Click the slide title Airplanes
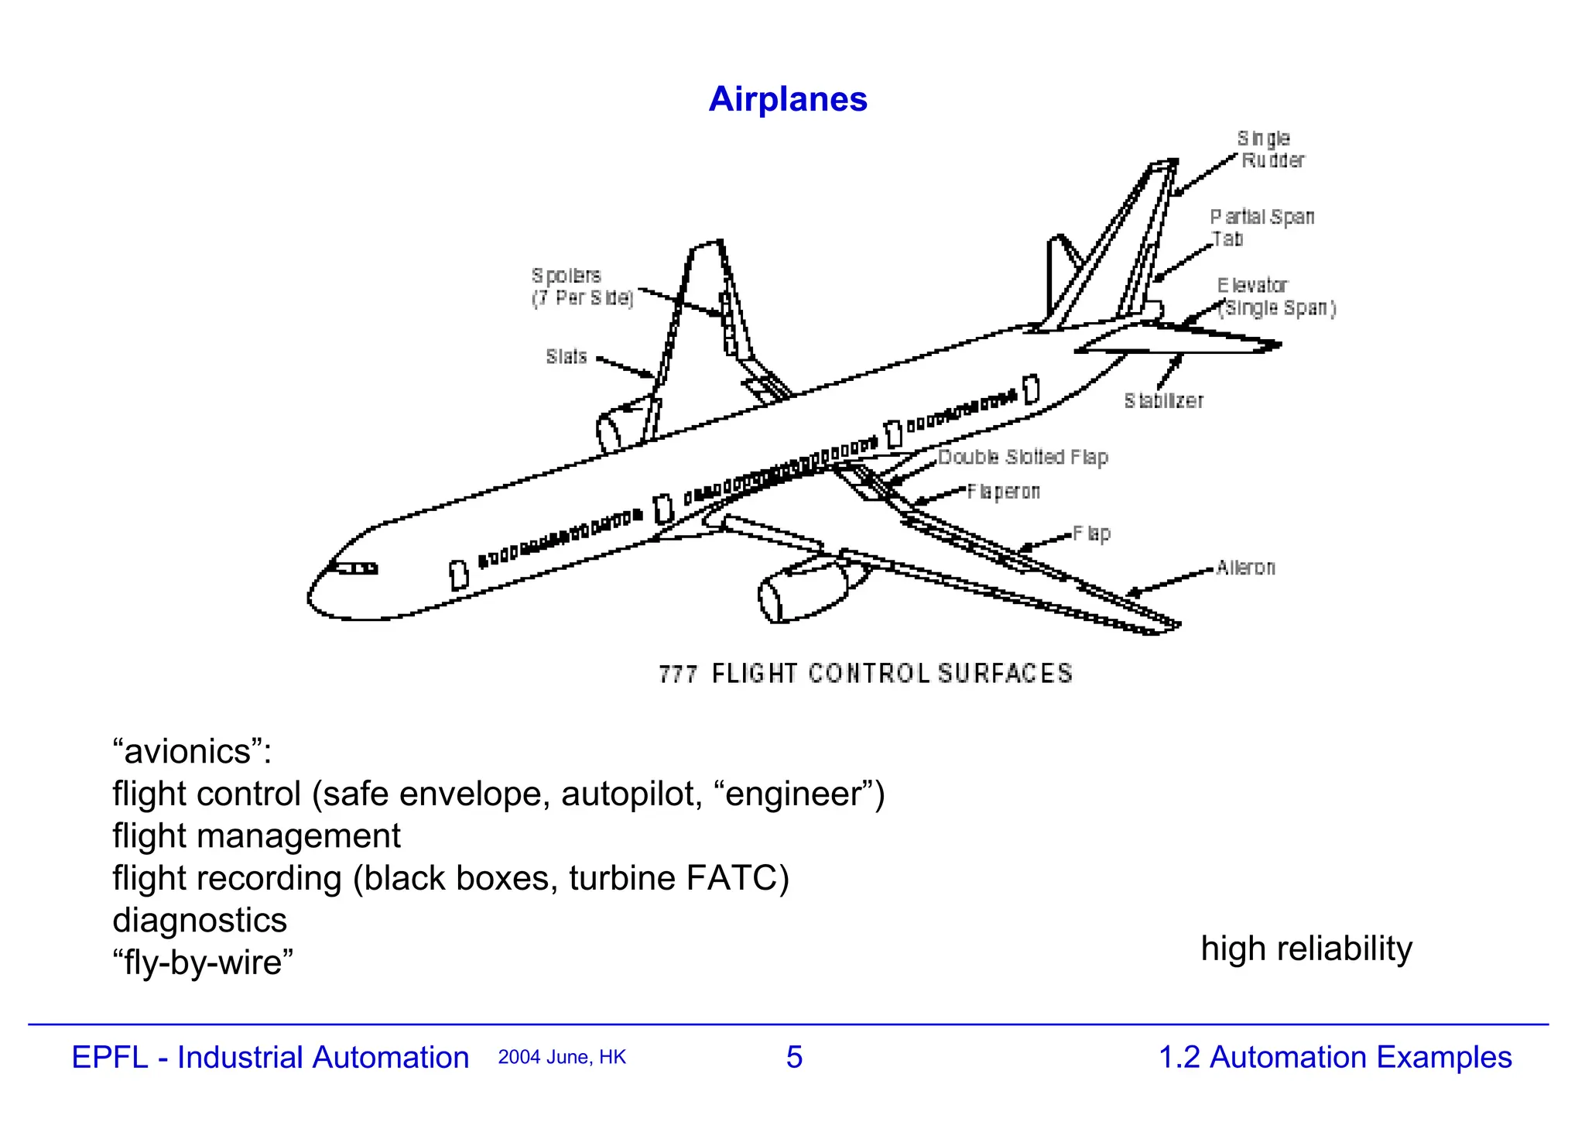788,99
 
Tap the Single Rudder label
1269,149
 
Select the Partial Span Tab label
1261,228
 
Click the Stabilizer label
1163,401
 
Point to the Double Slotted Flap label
1022,458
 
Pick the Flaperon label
1003,492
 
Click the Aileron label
1244,568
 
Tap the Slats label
566,357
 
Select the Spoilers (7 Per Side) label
582,287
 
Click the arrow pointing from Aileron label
1169,583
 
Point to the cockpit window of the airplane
357,568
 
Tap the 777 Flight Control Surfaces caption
865,674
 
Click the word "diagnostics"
200,920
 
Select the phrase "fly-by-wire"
203,962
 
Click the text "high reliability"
1306,949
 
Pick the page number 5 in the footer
794,1057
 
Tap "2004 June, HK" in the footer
562,1058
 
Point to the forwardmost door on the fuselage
459,575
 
